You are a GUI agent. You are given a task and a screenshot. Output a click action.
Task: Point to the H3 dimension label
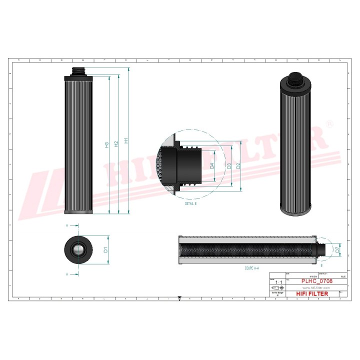tap(107, 145)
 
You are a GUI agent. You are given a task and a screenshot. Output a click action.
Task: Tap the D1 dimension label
tap(106, 249)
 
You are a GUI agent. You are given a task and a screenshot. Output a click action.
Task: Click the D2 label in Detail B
tap(238, 165)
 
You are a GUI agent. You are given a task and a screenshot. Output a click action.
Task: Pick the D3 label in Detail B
tap(228, 165)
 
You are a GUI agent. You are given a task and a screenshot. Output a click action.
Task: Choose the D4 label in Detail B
tap(212, 165)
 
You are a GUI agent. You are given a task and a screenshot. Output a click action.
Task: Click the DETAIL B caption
tap(190, 204)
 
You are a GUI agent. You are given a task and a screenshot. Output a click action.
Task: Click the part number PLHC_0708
tap(316, 281)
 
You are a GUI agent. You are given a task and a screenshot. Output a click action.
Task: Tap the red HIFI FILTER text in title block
tap(312, 293)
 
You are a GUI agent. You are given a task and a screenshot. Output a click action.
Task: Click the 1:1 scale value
tap(278, 282)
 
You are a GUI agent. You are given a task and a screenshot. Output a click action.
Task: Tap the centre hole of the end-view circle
tap(78, 249)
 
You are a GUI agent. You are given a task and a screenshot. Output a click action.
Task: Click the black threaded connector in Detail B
tap(185, 164)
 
